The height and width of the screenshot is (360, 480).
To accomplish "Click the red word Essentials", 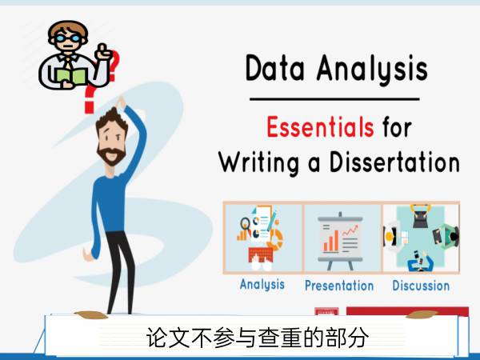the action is point(320,126).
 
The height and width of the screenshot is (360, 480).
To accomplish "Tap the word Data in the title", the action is point(275,68).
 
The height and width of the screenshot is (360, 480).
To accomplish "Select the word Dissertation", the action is point(394,162).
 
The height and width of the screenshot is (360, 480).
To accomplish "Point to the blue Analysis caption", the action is point(262,284).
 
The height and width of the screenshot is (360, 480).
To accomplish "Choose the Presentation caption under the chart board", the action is point(339,286).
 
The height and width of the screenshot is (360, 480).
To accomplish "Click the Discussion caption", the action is point(421,286).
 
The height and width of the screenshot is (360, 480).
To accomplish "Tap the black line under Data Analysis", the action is point(334,99).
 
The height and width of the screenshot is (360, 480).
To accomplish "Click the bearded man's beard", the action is point(111,154).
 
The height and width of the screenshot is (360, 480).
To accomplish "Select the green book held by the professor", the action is point(72,77).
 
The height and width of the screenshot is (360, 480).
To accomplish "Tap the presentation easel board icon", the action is point(340,241).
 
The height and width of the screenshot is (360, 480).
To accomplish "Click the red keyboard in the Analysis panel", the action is point(261,254).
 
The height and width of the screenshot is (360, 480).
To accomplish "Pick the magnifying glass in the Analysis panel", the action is point(246,223).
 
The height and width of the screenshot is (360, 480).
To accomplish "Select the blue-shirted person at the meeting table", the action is point(420,262).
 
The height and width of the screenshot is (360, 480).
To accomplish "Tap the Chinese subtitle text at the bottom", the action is point(258,338).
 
